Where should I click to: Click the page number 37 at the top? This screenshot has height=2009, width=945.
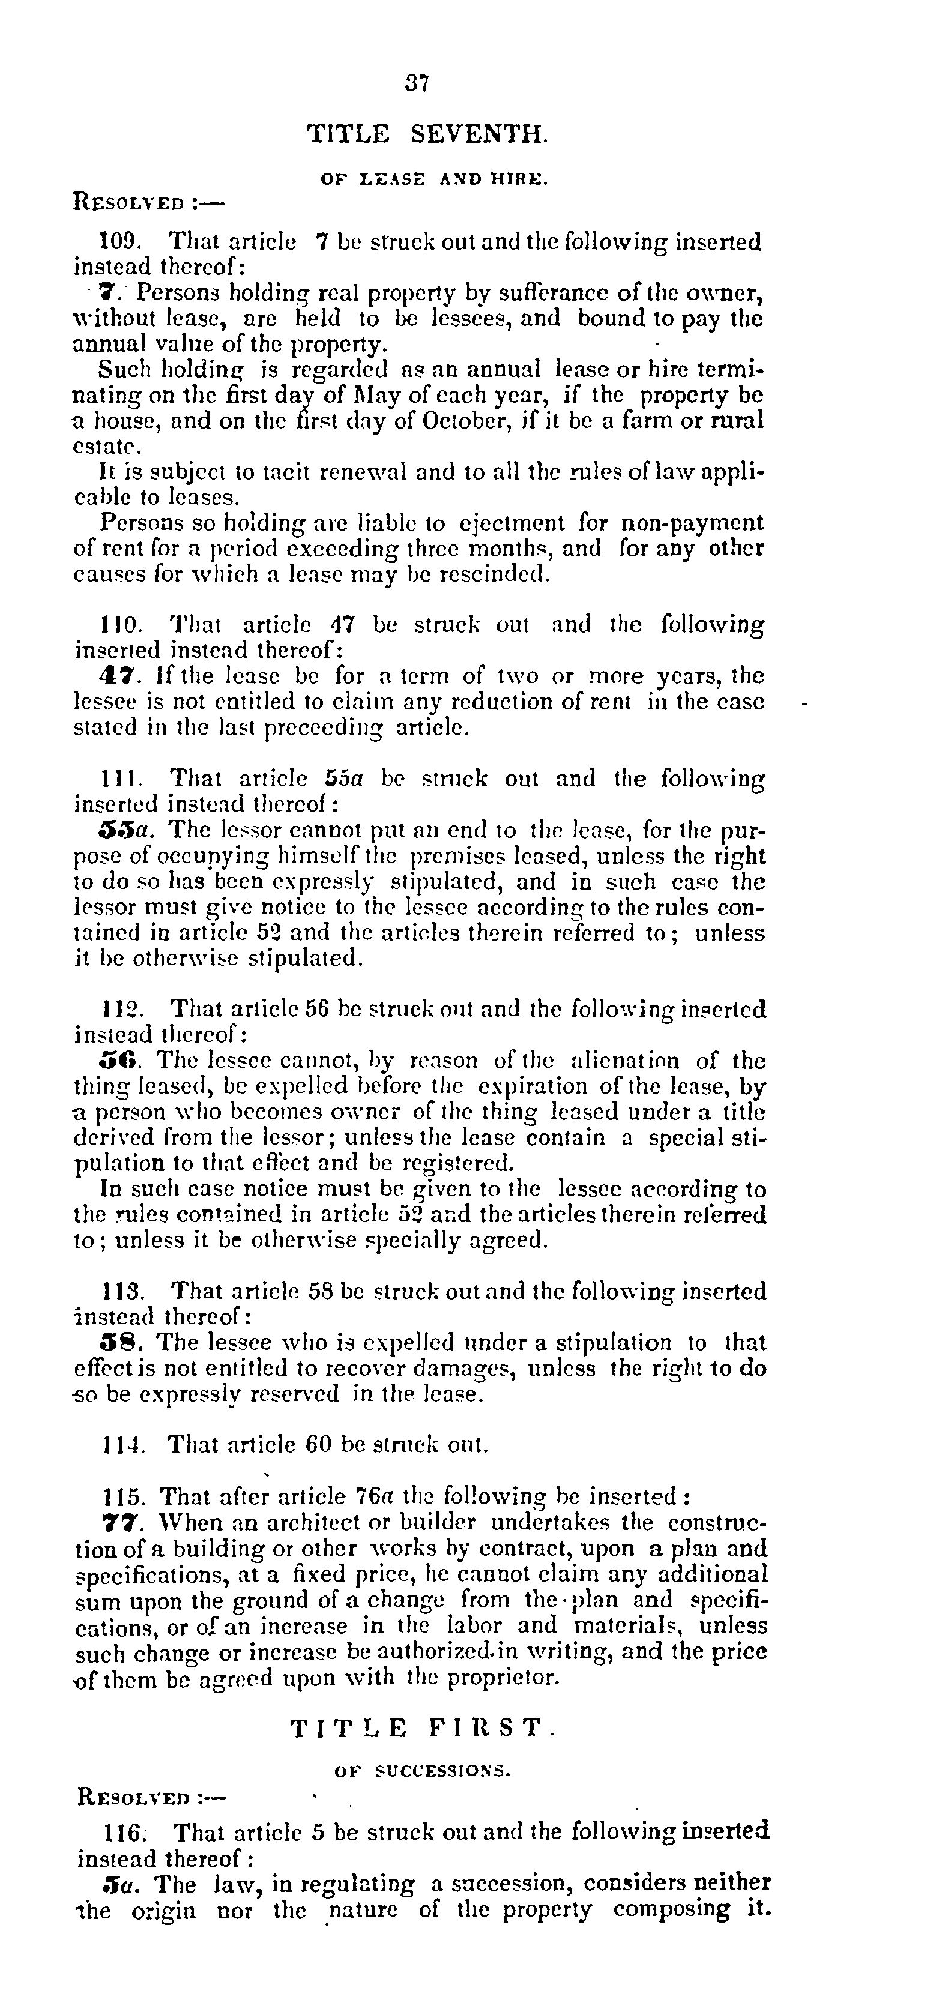coord(417,83)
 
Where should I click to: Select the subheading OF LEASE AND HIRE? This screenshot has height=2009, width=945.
coord(435,179)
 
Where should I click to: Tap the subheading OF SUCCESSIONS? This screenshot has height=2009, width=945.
coord(422,1771)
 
